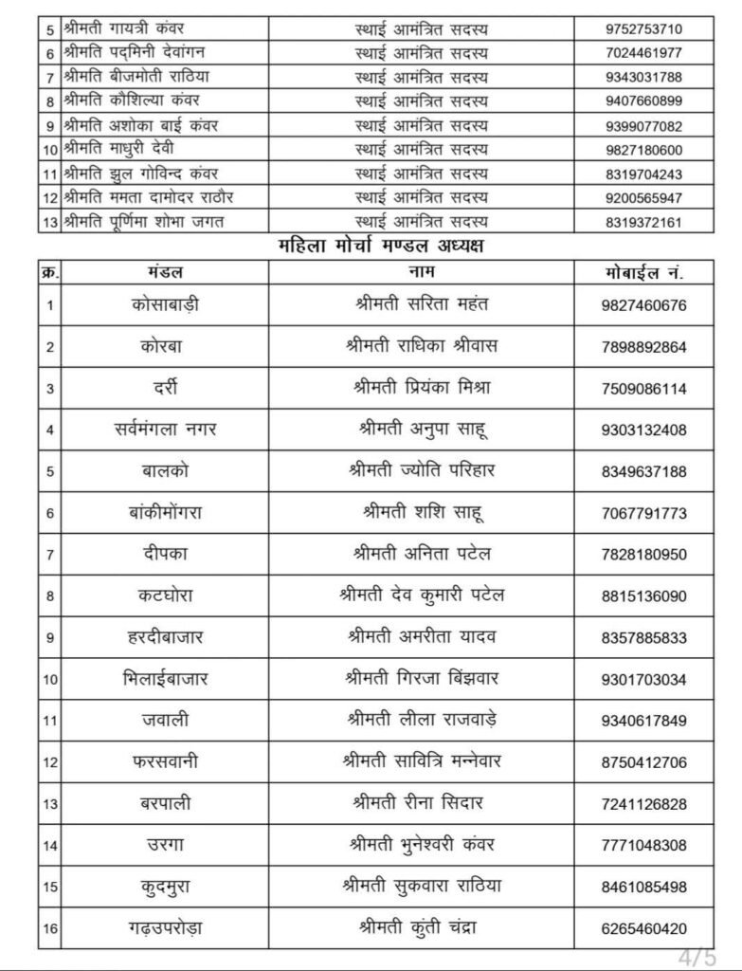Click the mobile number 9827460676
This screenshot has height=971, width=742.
click(643, 305)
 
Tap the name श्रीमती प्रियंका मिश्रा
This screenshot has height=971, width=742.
click(422, 388)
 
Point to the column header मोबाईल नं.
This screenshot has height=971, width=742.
click(643, 271)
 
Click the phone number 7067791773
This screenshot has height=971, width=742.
click(643, 514)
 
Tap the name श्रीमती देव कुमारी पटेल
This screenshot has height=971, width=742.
click(422, 596)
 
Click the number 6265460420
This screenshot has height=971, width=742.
click(643, 928)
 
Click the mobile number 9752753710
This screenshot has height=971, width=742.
click(643, 28)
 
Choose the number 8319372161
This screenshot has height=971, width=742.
click(643, 223)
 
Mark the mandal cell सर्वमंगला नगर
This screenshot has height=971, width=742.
click(165, 430)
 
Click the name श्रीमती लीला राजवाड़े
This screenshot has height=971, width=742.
click(422, 720)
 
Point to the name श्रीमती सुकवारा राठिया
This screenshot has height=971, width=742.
click(422, 887)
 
